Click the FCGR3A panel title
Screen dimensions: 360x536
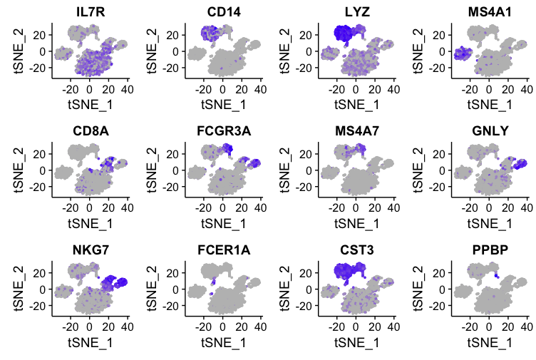click(222, 130)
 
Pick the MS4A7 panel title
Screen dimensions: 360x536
click(355, 130)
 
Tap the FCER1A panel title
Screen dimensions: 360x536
click(222, 250)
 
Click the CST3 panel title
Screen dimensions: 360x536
click(355, 250)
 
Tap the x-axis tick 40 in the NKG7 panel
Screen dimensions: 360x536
click(126, 329)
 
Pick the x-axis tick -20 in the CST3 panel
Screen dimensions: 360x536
click(336, 329)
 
